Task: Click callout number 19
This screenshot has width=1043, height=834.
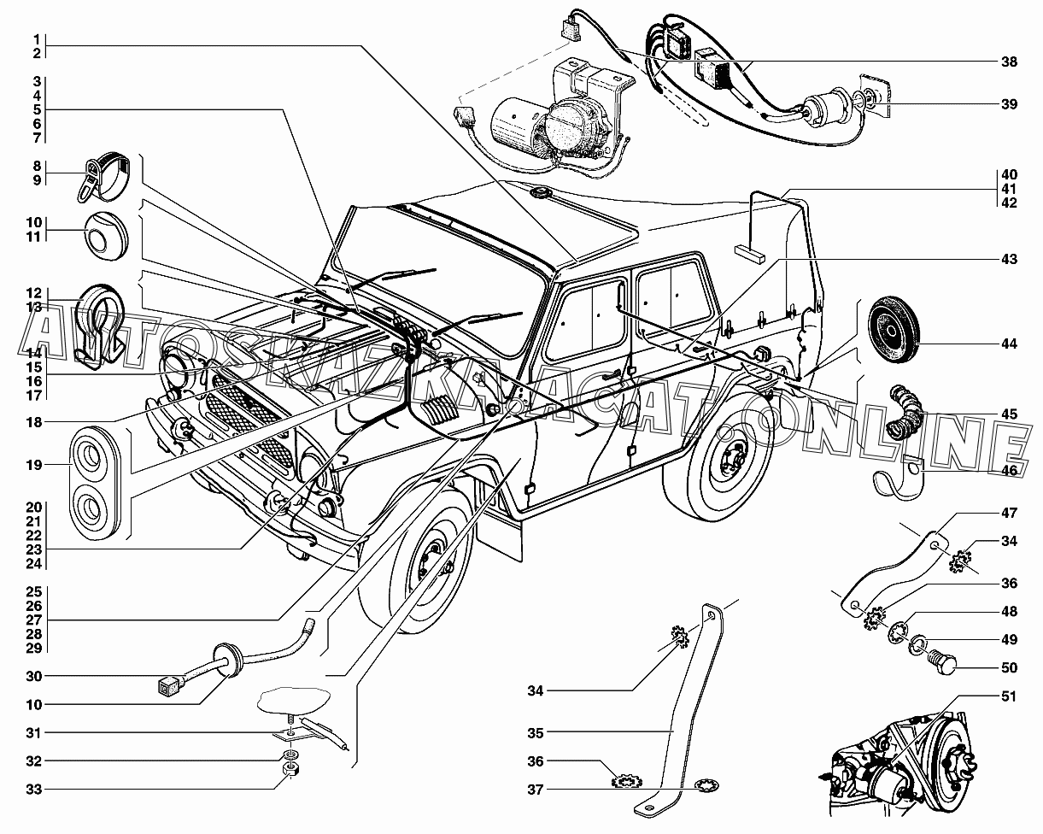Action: coord(34,466)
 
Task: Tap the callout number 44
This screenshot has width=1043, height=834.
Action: coord(1009,344)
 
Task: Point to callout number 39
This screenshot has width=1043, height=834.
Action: coord(1009,105)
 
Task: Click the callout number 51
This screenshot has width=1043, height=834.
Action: coord(1009,696)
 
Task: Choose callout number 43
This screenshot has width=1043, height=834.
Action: coord(1009,259)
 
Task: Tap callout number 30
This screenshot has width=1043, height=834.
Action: coord(34,676)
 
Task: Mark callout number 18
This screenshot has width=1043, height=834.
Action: coord(34,421)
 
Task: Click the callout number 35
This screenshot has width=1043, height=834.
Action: coord(535,732)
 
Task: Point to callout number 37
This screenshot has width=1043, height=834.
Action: coord(535,789)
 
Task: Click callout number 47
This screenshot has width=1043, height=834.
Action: coord(1009,514)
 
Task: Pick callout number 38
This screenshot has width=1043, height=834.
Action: coord(1009,62)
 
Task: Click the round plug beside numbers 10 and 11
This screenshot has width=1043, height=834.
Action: coord(105,233)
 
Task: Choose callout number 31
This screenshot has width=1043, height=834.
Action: coord(34,732)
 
